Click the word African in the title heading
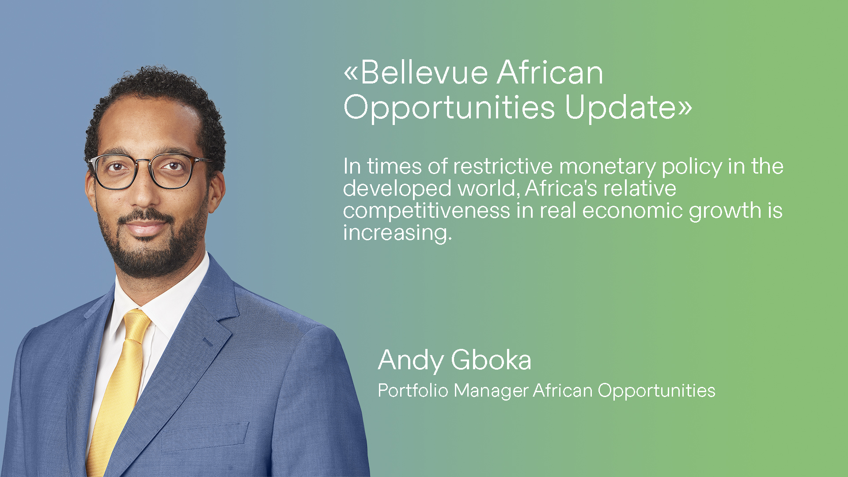tap(549, 73)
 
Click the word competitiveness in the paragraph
tap(426, 211)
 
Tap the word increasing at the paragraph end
tap(396, 233)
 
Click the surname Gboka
tap(491, 360)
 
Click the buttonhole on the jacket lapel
tap(208, 342)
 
